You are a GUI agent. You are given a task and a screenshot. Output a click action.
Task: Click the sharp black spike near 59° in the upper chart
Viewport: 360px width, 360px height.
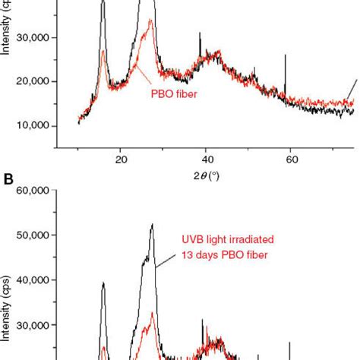285,55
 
